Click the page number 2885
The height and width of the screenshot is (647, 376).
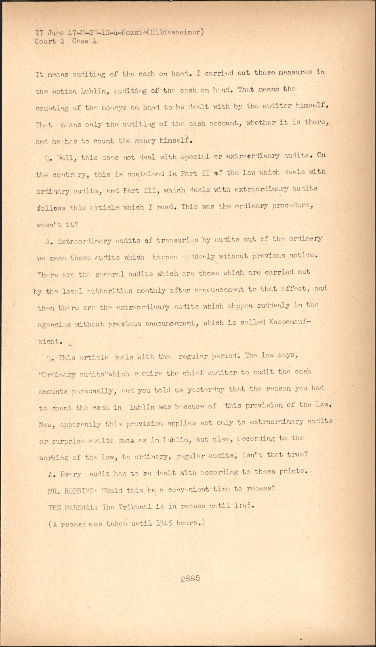pyautogui.click(x=190, y=578)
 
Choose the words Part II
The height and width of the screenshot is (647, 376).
pyautogui.click(x=195, y=173)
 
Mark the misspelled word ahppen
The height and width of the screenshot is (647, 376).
pyautogui.click(x=241, y=306)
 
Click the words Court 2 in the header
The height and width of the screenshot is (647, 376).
pyautogui.click(x=49, y=41)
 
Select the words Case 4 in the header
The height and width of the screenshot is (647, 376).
pyautogui.click(x=84, y=41)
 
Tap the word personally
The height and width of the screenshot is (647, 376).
pyautogui.click(x=95, y=391)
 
